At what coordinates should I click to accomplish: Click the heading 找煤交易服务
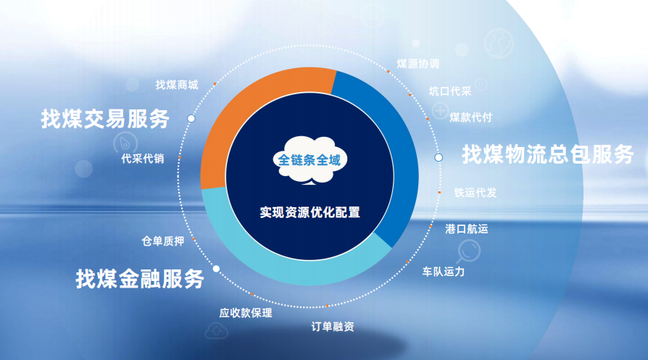pos(105,119)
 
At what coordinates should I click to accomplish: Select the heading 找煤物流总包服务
pos(547,154)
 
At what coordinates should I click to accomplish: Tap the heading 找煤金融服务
pos(140,278)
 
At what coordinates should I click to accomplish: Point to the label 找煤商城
pos(177,85)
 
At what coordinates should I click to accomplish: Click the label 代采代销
pos(143,159)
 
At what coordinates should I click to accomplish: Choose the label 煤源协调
pos(418,64)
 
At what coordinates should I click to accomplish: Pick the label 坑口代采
pos(450,91)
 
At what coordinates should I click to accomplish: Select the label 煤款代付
pos(470,117)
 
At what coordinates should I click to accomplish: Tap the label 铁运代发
pos(475,193)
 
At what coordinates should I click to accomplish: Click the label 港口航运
pos(467,229)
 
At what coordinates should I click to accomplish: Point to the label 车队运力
pos(444,272)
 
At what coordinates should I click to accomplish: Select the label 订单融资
pos(333,327)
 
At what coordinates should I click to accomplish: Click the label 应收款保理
pos(246,313)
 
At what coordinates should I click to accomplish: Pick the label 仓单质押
pos(163,241)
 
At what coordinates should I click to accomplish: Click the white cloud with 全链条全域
pos(310,160)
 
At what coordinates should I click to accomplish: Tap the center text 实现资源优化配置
pos(310,212)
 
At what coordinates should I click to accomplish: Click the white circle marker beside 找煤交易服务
pos(191,119)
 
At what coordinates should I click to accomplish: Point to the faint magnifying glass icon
pos(469,251)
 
